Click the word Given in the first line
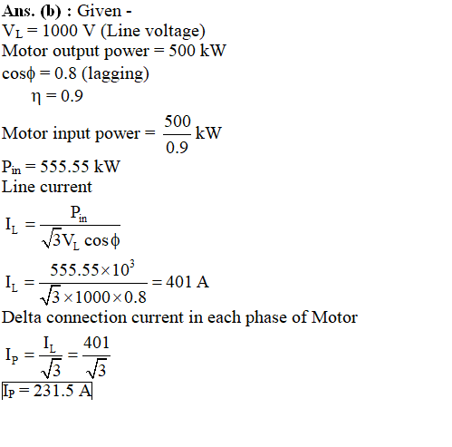coord(100,11)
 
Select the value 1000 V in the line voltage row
coord(69,31)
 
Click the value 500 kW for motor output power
coord(197,51)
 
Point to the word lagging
coord(115,73)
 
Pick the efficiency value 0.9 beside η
coord(72,96)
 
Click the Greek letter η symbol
coord(36,97)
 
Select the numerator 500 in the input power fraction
coord(178,121)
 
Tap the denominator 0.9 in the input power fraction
coord(177,148)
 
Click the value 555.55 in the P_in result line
coord(64,167)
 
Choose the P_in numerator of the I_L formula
coord(79,213)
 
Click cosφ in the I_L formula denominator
coord(102,241)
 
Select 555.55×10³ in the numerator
coord(92,268)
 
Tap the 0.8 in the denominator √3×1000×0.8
coord(135,297)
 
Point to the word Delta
coord(22,317)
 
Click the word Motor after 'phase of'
coord(334,317)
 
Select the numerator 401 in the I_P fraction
coord(96,343)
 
